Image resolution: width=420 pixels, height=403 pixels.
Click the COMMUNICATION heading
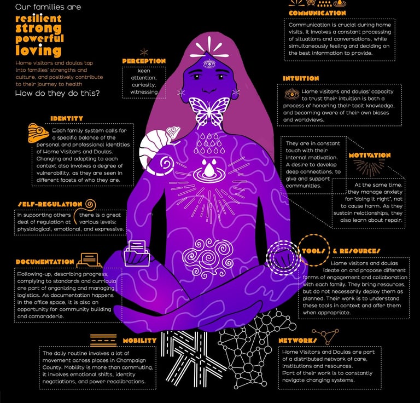click(317, 13)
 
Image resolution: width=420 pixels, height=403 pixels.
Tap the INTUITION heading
click(301, 78)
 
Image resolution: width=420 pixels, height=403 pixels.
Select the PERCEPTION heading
click(144, 61)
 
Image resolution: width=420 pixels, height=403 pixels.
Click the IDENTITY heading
click(67, 118)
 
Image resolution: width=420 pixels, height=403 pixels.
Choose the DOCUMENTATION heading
click(45, 262)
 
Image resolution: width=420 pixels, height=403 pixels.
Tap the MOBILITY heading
click(139, 340)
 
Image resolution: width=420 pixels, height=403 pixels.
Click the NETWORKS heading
click(298, 340)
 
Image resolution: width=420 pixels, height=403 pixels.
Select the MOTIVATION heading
click(370, 156)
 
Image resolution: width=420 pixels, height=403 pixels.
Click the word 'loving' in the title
click(38, 51)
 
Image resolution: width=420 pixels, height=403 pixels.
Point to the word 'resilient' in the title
click(38, 19)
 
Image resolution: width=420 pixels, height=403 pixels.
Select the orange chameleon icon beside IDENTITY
click(38, 133)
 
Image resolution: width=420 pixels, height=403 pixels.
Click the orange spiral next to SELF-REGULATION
click(91, 205)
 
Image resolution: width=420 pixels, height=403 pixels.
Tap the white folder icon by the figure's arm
click(137, 252)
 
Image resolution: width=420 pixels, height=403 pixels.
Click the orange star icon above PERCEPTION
click(144, 52)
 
